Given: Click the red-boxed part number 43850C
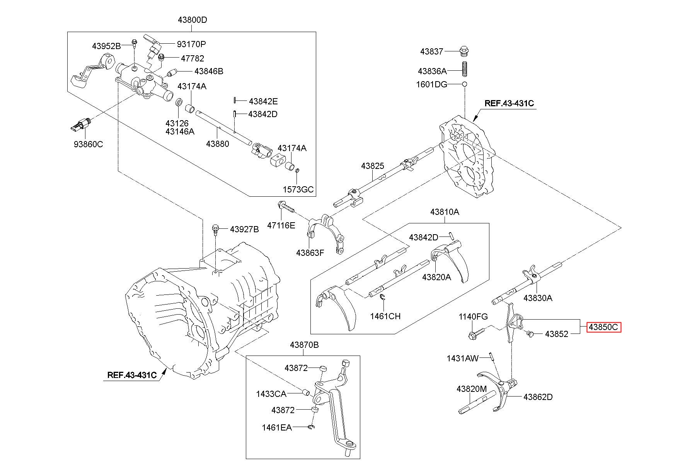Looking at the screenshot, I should coord(603,327).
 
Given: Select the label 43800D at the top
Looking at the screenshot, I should coord(192,20).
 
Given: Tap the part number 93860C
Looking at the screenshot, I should coord(89,144).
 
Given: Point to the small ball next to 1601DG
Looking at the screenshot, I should coord(465,84).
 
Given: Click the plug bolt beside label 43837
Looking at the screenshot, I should coord(465,51).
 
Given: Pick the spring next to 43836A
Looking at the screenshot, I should coord(465,68).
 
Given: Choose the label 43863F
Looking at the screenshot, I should coord(310,253).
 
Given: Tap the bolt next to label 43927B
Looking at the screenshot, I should coord(215,229).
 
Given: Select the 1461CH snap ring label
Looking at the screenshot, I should coord(385,316).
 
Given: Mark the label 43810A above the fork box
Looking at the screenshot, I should coord(445,212).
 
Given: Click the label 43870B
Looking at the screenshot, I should coord(304,345).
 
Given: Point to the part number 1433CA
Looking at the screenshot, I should coord(271,394).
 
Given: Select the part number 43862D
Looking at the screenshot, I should coord(538,397).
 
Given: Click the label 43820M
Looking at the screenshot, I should coord(471,389).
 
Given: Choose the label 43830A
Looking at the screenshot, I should coord(538,298).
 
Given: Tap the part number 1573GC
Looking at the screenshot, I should coord(298,190).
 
